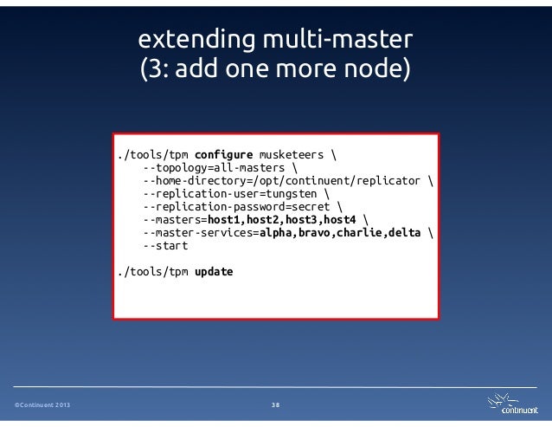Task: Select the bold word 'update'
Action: (214, 272)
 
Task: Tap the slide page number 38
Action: (275, 404)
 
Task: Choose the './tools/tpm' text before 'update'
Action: (154, 272)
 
